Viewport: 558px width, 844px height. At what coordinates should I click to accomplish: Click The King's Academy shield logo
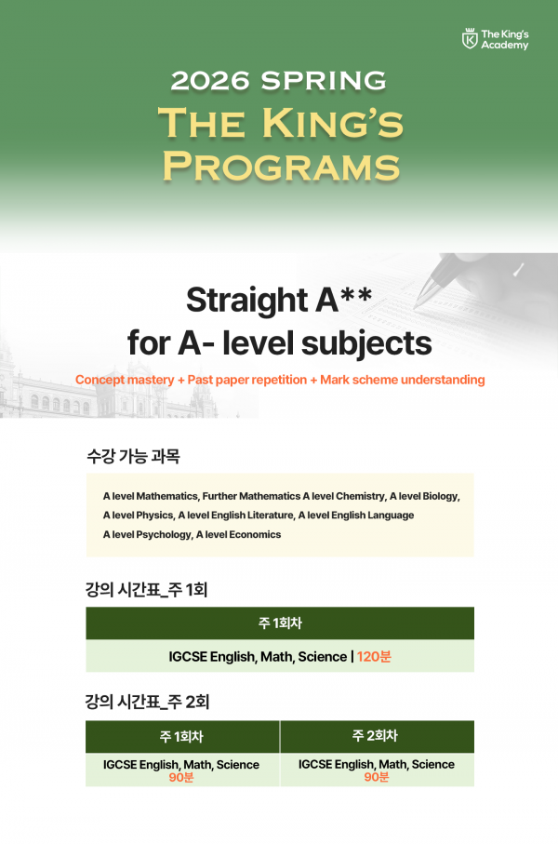(x=470, y=39)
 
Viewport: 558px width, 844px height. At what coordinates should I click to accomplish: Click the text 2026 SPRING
(x=278, y=81)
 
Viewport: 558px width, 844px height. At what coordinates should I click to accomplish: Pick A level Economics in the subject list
(x=238, y=534)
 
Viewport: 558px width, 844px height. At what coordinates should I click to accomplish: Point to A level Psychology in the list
(x=146, y=534)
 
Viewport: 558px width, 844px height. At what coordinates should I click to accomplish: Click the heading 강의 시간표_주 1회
(x=152, y=589)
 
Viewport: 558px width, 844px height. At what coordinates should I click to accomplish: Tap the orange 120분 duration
(x=375, y=657)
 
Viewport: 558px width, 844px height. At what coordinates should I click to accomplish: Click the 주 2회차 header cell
(x=376, y=736)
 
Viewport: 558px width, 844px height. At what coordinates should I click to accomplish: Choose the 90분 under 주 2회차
(x=376, y=777)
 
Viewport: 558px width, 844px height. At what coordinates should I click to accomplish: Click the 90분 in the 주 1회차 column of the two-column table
(x=181, y=777)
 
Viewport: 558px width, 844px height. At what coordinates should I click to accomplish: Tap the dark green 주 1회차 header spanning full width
(x=279, y=623)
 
